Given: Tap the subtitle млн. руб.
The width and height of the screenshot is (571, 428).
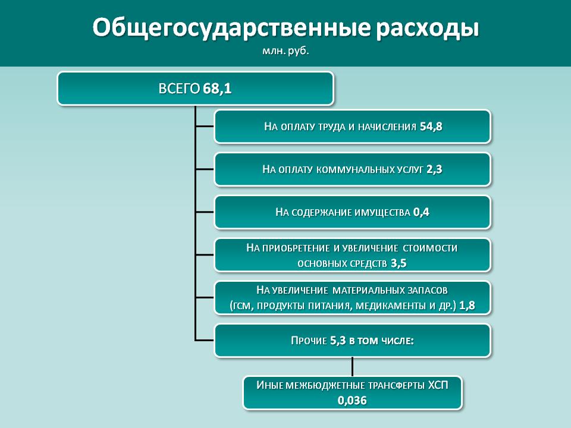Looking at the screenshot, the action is click(x=285, y=51).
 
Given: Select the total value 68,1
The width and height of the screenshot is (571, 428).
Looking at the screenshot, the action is click(x=218, y=89).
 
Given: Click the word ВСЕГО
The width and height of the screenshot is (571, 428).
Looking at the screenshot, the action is click(x=179, y=89).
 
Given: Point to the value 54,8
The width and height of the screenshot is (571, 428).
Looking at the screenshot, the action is click(x=431, y=127).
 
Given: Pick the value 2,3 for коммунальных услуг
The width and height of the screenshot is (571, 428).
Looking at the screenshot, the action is click(x=434, y=169).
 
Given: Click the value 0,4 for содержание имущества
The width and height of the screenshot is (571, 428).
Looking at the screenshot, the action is click(x=421, y=212).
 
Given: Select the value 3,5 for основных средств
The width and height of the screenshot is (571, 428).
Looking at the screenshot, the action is click(x=399, y=263).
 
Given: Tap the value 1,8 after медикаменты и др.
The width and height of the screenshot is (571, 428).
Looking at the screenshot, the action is click(x=468, y=306).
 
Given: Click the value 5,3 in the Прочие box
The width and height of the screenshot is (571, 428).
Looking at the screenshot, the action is click(x=338, y=341).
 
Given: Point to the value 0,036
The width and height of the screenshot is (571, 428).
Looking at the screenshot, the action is click(x=352, y=401).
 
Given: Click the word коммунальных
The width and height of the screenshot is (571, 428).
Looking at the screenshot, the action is click(x=355, y=169).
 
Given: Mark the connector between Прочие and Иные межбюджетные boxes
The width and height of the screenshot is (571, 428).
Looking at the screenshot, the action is click(x=352, y=367).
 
